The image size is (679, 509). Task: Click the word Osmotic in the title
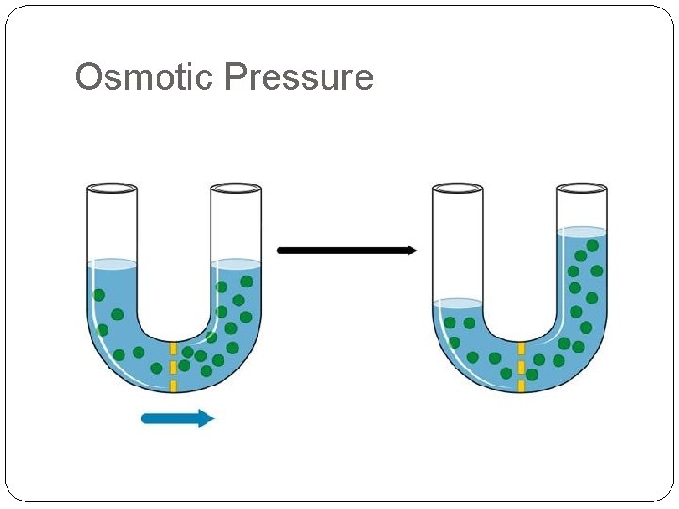click(x=145, y=76)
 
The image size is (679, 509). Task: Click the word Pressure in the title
click(x=301, y=76)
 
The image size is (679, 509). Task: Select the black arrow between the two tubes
click(x=347, y=250)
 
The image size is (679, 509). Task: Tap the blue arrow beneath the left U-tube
click(x=178, y=418)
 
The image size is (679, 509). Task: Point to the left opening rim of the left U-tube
click(x=110, y=188)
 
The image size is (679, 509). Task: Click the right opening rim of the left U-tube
click(x=235, y=188)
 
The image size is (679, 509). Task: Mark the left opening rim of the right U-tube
click(x=457, y=188)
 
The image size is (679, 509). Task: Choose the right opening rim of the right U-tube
click(x=582, y=188)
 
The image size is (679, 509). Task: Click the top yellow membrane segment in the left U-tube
click(x=173, y=349)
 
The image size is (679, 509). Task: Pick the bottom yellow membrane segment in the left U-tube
click(x=173, y=384)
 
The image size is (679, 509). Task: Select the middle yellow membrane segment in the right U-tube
click(x=521, y=367)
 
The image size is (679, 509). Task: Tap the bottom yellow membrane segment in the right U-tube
click(x=521, y=385)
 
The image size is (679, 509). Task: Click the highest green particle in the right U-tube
click(x=592, y=245)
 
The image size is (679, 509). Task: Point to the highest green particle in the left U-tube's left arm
click(x=98, y=295)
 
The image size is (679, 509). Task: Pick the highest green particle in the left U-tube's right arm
click(x=246, y=281)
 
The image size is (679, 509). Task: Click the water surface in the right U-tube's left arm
click(x=457, y=304)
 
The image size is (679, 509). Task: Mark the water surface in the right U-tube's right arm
click(x=582, y=231)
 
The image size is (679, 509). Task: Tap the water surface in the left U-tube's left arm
click(x=110, y=263)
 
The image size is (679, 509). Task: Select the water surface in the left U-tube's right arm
click(x=235, y=263)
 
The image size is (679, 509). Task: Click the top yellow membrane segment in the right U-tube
click(x=521, y=349)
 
